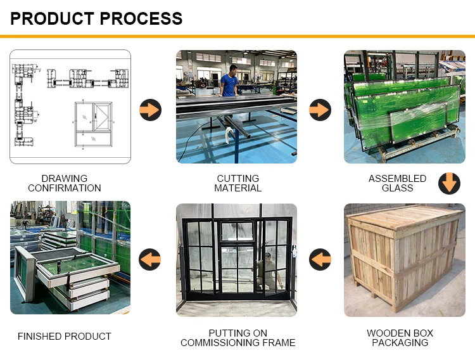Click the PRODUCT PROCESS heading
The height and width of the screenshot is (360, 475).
(96, 18)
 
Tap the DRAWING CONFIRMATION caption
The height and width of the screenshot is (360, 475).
(65, 183)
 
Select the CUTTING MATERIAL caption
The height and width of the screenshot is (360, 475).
(237, 183)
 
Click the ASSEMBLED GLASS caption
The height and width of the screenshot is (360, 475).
(397, 183)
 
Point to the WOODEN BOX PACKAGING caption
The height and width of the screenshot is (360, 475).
(400, 338)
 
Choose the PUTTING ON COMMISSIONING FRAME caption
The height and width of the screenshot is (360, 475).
(237, 338)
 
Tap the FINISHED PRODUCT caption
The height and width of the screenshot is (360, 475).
(65, 337)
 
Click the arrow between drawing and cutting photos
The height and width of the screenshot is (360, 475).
(150, 110)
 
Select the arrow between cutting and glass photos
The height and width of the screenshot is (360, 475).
(320, 110)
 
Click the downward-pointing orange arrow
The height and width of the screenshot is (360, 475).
(449, 183)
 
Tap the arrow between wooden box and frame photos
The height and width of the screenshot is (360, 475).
(320, 259)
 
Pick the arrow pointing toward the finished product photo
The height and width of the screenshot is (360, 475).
(150, 259)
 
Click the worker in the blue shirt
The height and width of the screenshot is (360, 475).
(229, 80)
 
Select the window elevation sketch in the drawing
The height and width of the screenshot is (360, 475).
(92, 124)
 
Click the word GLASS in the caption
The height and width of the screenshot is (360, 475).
(397, 188)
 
